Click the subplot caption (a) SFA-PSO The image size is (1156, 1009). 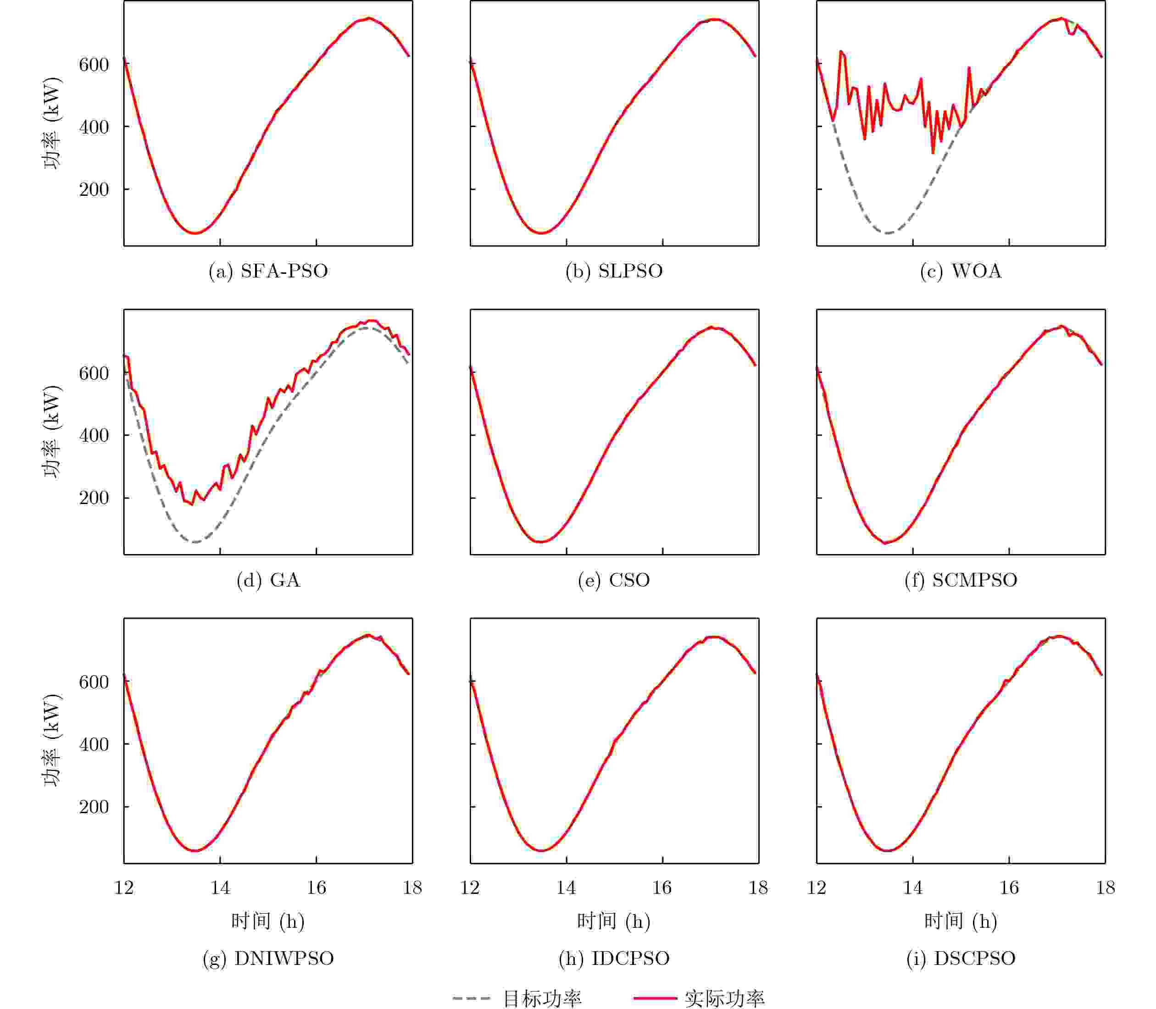tap(268, 272)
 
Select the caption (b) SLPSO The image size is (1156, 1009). tap(614, 272)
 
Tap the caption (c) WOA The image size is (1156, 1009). tap(961, 272)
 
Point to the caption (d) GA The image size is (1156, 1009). tap(268, 580)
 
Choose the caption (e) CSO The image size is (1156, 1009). tap(614, 580)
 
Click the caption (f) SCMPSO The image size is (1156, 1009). tap(961, 580)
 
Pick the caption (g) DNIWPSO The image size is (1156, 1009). tap(268, 959)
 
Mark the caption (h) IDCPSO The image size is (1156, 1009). tap(614, 959)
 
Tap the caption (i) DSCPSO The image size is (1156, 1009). tap(961, 959)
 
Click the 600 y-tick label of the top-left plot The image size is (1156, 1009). tap(94, 65)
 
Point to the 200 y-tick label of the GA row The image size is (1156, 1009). tap(94, 498)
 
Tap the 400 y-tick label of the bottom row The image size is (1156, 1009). tap(94, 744)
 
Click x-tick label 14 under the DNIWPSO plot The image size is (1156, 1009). tap(220, 888)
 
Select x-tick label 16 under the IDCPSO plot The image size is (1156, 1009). tap(662, 888)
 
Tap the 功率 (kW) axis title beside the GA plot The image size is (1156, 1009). tap(52, 432)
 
